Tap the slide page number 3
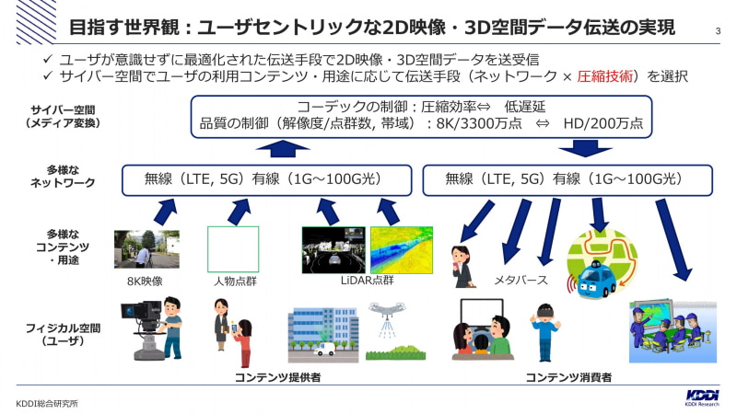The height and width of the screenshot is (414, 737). [x=718, y=35]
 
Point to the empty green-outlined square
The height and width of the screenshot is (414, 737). [x=233, y=248]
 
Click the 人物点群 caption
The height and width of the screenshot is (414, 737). [x=232, y=281]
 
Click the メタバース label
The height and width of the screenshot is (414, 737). [x=521, y=280]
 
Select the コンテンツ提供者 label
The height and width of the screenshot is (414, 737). [x=270, y=377]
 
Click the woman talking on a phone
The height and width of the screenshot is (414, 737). [x=460, y=266]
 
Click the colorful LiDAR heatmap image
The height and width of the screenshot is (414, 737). [x=401, y=250]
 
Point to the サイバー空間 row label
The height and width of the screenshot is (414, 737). [x=60, y=117]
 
